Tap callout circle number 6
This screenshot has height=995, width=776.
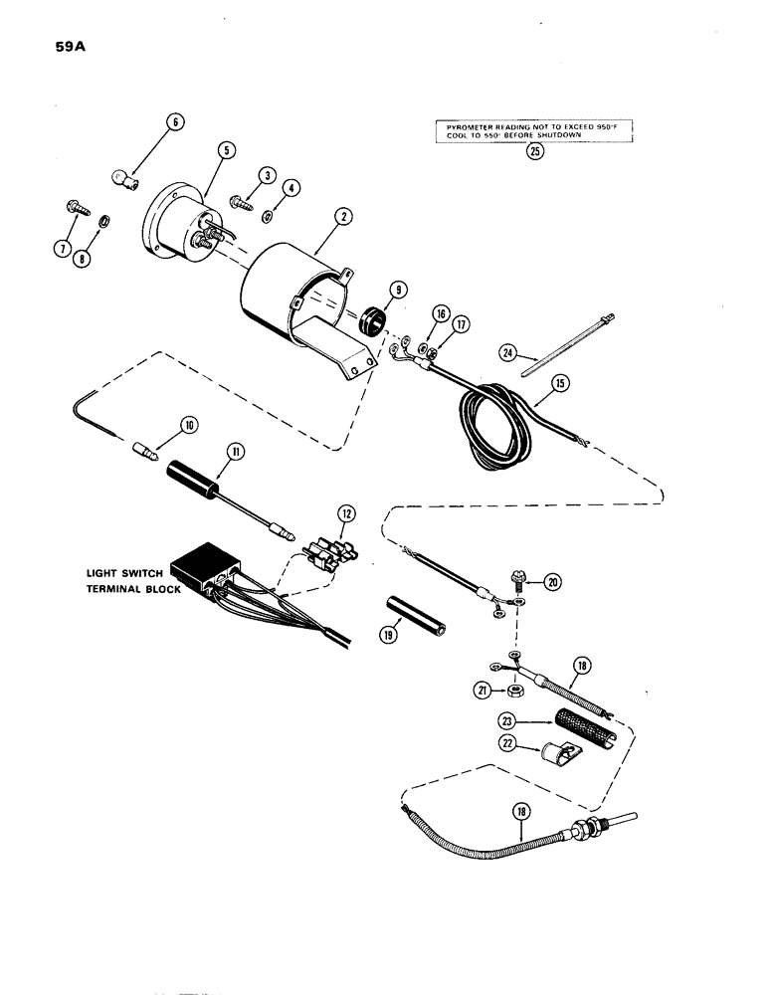(x=175, y=123)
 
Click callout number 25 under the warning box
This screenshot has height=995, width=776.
(x=536, y=152)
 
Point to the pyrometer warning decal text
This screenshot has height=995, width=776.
(x=536, y=131)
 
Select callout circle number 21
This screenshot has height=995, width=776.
(x=484, y=689)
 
